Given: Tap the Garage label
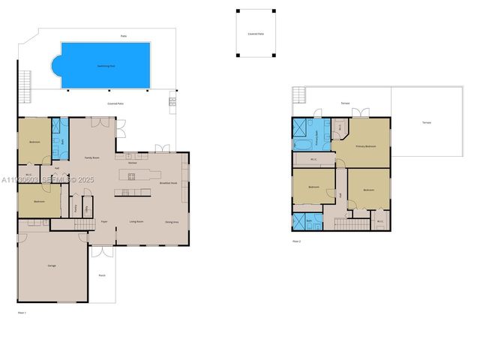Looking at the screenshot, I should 52,265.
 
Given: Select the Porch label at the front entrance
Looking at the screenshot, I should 102,275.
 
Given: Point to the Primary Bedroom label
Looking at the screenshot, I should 365,146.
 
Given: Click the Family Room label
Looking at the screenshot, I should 91,157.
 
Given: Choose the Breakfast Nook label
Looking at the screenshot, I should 169,182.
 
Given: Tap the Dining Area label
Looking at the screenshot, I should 172,222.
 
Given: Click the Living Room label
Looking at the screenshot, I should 136,222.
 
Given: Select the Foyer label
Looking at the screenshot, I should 104,222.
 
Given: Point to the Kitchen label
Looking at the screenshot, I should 133,162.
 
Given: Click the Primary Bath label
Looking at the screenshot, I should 318,139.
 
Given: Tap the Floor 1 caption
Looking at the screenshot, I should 22,311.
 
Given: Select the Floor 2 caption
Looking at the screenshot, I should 297,241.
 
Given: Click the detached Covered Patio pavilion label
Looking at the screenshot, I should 256,34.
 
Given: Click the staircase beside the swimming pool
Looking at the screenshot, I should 25,85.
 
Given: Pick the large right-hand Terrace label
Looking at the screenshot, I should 426,122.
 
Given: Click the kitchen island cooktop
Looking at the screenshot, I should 131,177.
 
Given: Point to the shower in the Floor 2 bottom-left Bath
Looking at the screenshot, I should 298,221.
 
